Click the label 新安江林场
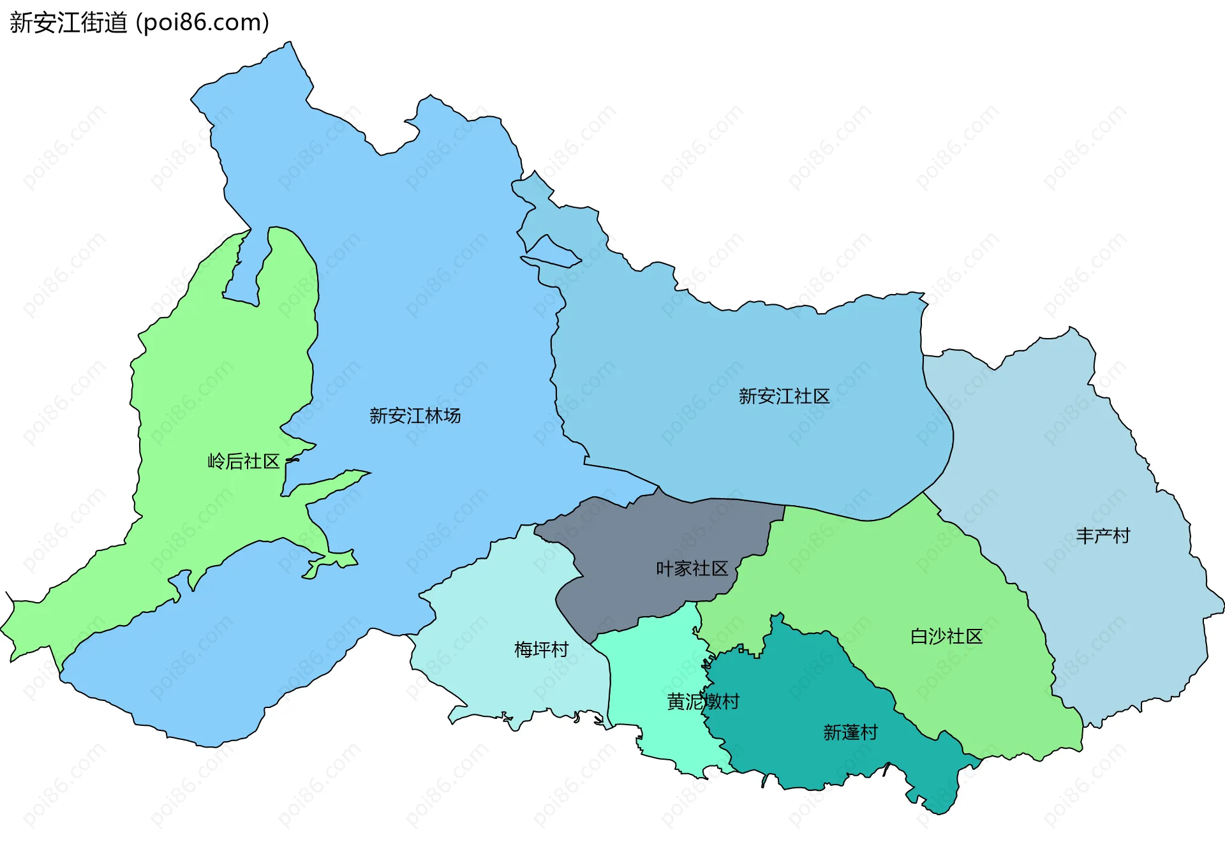(415, 416)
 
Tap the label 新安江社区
(783, 396)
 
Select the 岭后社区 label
(244, 461)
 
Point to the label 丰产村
(1102, 535)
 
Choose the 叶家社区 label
(692, 568)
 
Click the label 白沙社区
(946, 636)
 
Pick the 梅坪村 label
(541, 649)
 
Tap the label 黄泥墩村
(702, 702)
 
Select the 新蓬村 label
(850, 732)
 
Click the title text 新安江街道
(69, 23)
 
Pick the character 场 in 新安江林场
(452, 416)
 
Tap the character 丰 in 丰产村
(1085, 535)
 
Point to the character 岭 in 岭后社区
(217, 461)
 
